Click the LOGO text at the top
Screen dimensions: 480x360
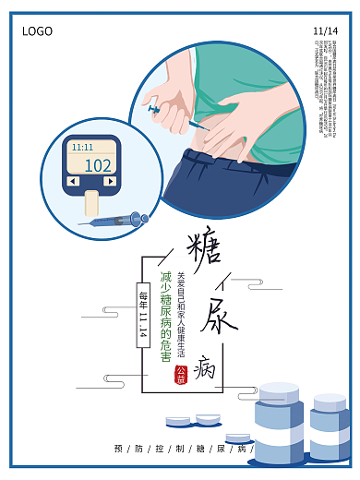coord(38,31)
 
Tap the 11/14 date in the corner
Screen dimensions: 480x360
coord(325,31)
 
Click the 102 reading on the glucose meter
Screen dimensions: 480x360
coord(97,165)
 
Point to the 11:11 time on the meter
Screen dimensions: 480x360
coord(82,148)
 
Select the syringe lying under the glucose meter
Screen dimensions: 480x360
coord(114,220)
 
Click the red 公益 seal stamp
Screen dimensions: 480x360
coord(181,376)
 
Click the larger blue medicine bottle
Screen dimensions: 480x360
coord(282,425)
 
